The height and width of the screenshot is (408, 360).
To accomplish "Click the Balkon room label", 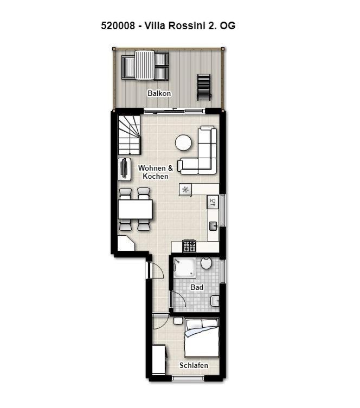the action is coord(159,93).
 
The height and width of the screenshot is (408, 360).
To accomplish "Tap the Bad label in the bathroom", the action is coord(197,287).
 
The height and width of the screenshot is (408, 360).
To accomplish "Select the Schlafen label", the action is coord(194,365).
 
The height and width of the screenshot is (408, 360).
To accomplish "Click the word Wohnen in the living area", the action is coord(152,168).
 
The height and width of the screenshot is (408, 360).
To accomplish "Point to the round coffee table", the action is coord(183,143).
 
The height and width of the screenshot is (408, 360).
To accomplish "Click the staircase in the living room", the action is coord(129,135).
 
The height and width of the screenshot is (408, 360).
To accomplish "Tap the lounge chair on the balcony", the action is coord(204,87).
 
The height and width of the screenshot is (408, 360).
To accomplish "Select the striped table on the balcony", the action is coord(144,65).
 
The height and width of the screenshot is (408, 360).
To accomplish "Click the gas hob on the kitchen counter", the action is coord(189,246).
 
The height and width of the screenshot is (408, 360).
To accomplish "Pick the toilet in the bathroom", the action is coord(206,263).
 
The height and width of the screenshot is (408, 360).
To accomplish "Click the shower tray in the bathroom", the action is coord(184,268).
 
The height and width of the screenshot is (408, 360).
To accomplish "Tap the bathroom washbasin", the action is coord(215,301).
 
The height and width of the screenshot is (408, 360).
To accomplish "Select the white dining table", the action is coord(135,209).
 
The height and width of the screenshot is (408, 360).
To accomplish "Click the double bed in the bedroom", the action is coord(202,338).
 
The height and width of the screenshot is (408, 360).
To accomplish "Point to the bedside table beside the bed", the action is coord(178,321).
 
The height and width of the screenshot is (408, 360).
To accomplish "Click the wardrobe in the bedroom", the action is coord(158,359).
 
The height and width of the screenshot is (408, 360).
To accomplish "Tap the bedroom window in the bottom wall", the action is coord(187,378).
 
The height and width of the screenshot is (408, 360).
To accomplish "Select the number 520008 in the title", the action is coord(118,26).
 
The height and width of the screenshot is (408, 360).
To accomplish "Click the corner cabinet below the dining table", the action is coord(125,243).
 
